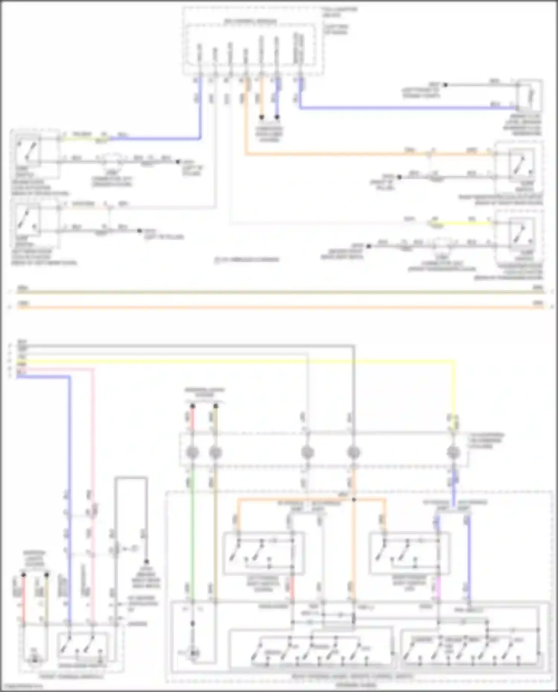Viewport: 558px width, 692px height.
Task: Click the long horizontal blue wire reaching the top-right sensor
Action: tap(409, 108)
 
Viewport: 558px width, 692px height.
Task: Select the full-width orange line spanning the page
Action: tap(279, 307)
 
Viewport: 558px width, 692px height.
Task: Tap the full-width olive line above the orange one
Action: tap(279, 292)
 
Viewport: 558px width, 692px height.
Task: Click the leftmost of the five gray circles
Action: tap(192, 453)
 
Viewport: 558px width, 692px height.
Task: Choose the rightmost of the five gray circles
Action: tap(453, 453)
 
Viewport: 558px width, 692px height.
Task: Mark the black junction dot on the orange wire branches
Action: tap(354, 499)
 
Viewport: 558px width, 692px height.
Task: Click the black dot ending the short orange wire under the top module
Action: tap(262, 118)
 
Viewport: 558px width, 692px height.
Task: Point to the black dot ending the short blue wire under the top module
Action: tap(277, 118)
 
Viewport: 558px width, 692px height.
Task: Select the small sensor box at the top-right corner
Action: tap(530, 95)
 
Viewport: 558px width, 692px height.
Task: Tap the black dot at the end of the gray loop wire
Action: tap(147, 561)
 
